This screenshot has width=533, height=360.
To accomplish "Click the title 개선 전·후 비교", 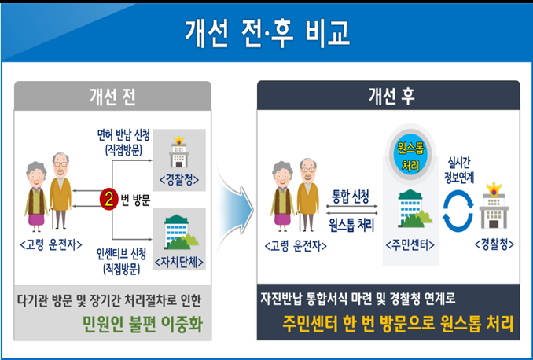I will coord(266,31).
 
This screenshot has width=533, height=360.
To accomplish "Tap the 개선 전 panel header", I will coord(112,96).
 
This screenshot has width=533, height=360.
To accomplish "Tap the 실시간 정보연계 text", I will coord(459,155).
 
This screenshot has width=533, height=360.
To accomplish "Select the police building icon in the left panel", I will coord(180,150).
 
